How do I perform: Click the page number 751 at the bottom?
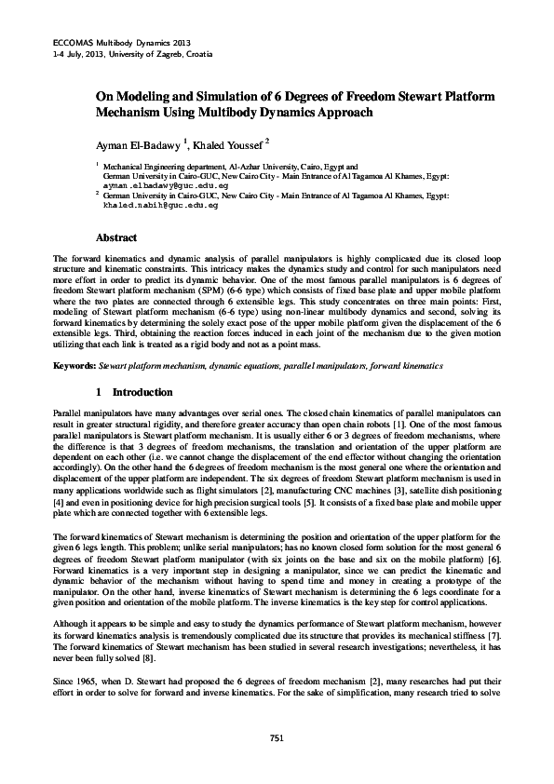(277, 737)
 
